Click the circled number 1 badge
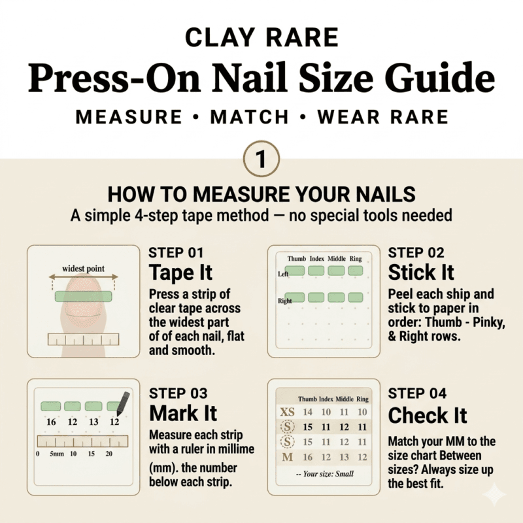tap(261, 159)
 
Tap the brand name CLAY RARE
tap(262, 37)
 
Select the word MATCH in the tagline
tap(250, 117)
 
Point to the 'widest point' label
tap(84, 269)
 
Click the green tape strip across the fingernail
tap(84, 296)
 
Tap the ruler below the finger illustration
tap(84, 339)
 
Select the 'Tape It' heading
tap(180, 273)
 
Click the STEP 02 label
tap(416, 253)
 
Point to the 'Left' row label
tap(283, 274)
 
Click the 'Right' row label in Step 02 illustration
tap(284, 301)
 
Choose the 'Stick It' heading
tap(421, 273)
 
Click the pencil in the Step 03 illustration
tap(123, 403)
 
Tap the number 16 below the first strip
tap(51, 422)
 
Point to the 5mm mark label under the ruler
tap(57, 454)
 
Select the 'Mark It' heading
tap(183, 414)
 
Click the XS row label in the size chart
tap(287, 412)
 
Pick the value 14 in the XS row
tap(307, 412)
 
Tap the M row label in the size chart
tap(288, 457)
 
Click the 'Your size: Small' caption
tap(325, 473)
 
